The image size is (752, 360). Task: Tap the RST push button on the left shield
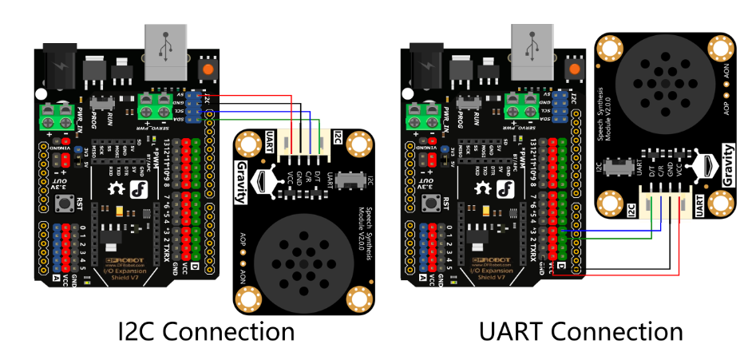(x=60, y=204)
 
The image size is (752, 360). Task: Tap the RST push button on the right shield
(x=425, y=204)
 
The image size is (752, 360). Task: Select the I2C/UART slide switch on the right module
(x=616, y=167)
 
